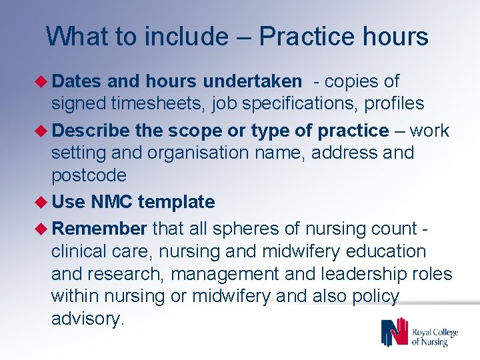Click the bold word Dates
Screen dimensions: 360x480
[x=76, y=81]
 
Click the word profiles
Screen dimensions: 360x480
[x=393, y=104]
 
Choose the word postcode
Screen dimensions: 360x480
[x=89, y=175]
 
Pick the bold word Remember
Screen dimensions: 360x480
[x=99, y=229]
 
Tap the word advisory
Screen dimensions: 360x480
[x=87, y=319]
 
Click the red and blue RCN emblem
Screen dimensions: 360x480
[x=394, y=332]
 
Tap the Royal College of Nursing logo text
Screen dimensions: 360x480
[x=434, y=337]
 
